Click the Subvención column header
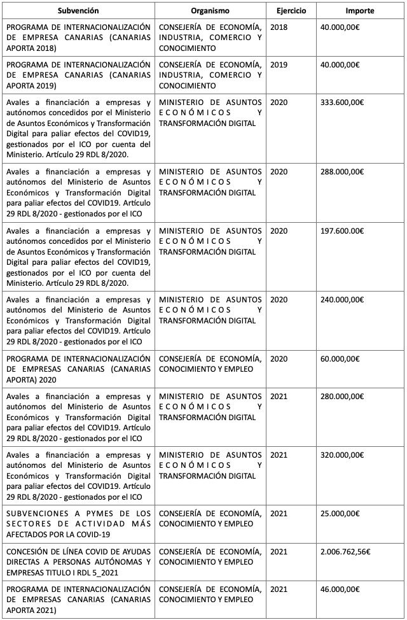[78, 11]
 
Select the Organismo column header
[210, 11]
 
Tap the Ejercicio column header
[291, 11]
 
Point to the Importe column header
[360, 11]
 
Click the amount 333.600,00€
[343, 102]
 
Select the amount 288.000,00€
[343, 171]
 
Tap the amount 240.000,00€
[343, 299]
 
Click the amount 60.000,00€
[341, 358]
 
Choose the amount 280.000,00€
[343, 397]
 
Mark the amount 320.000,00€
[343, 454]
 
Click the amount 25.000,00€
[341, 513]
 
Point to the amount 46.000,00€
[341, 589]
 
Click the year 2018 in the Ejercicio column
[279, 27]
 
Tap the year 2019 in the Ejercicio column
[279, 65]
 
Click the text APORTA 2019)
[32, 85]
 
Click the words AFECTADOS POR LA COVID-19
[57, 533]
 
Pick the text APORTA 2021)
[32, 610]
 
